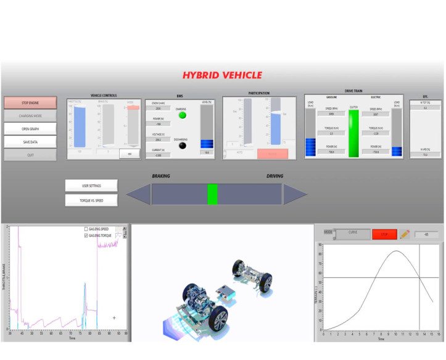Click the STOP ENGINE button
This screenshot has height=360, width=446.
30,102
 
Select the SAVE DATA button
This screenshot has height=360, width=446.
30,142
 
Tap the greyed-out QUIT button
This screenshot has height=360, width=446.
30,155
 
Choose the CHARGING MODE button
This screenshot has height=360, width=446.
30,115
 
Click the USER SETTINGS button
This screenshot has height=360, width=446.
91,186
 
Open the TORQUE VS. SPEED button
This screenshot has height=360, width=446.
91,200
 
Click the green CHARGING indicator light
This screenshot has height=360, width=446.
181,115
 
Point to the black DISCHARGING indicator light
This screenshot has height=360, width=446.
181,145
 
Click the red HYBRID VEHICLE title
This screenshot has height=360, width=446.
222,75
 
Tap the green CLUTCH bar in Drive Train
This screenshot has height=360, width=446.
353,133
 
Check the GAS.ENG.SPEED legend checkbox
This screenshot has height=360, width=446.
86,229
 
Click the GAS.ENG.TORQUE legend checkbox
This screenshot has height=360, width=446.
86,235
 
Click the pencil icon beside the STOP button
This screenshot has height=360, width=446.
405,234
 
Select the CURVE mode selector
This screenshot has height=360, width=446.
353,234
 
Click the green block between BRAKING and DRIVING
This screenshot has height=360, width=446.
212,194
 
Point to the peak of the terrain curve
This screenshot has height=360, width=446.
397,251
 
